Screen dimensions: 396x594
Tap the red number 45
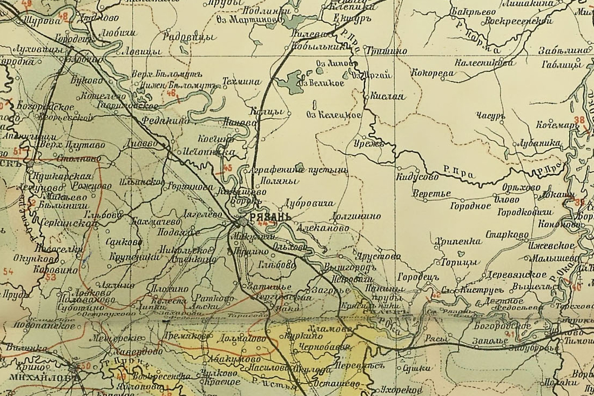[x=227, y=169]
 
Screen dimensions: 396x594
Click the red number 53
[x=51, y=277]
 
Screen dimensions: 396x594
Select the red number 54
[x=8, y=271]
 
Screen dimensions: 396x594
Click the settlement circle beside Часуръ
[x=502, y=122]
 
